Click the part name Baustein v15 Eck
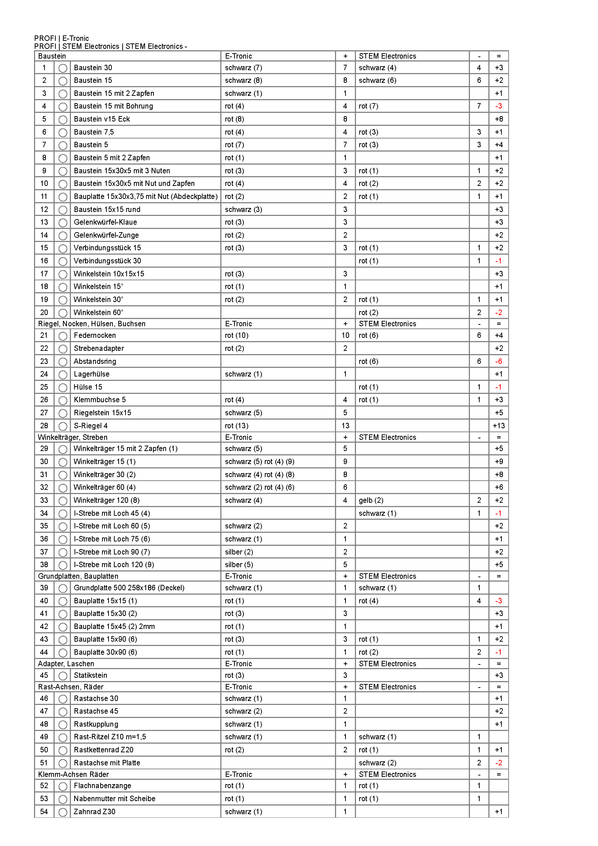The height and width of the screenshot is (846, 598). tap(102, 119)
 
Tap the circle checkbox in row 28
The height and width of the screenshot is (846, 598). tap(63, 426)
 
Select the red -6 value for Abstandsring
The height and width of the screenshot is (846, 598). tap(498, 361)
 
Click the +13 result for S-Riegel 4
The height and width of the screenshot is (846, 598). tap(499, 426)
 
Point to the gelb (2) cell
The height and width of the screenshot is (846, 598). tap(371, 500)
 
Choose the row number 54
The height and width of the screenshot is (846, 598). tap(44, 812)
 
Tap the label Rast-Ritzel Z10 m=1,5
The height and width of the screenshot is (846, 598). tap(110, 736)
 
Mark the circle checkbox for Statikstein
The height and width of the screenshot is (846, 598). tap(63, 676)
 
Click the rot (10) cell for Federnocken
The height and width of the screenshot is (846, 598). tap(237, 335)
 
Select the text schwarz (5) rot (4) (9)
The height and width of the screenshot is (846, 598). tap(259, 462)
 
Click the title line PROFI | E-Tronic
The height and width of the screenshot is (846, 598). tap(62, 38)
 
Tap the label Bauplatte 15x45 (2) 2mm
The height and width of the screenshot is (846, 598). tap(114, 626)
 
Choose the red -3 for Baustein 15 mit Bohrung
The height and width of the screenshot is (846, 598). tap(498, 106)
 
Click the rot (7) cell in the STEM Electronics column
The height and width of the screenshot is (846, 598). tap(368, 106)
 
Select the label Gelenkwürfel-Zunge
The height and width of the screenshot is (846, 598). tap(106, 235)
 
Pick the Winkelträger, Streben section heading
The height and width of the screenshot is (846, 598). tap(73, 437)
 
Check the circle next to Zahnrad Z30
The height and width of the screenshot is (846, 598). tap(63, 812)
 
